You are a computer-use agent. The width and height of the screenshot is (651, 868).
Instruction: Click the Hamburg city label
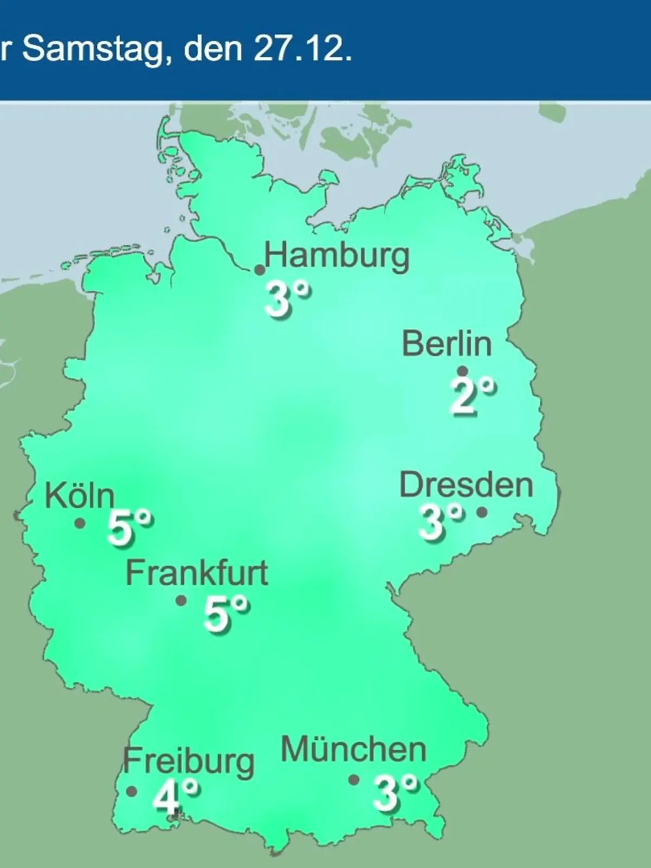(x=337, y=257)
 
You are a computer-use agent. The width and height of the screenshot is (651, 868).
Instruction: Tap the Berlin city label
(x=447, y=344)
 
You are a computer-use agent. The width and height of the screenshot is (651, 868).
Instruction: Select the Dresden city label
(x=466, y=485)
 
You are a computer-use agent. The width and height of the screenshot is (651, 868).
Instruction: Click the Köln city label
(x=80, y=495)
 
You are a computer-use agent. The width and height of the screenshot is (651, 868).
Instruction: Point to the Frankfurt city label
(x=197, y=573)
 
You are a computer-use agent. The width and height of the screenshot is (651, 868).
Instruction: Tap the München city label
(x=354, y=750)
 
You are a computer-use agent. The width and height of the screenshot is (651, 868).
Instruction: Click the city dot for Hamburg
(x=260, y=270)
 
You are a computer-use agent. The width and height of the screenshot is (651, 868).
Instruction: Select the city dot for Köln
(x=80, y=524)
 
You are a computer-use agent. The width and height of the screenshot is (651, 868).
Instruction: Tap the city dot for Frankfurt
(x=181, y=601)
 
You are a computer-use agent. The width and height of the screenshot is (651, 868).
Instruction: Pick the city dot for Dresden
(x=482, y=512)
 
